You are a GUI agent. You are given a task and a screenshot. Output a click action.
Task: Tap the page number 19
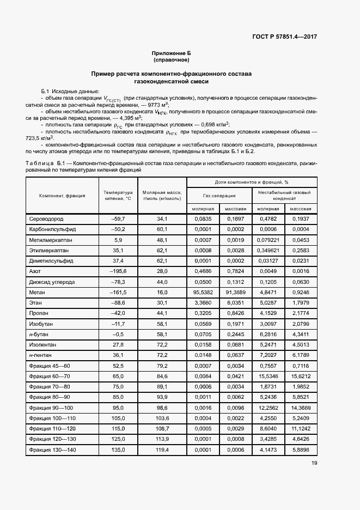pos(314,463)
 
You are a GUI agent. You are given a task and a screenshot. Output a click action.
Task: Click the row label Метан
pos(36,292)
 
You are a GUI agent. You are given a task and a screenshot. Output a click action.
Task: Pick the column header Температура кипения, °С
pos(118,196)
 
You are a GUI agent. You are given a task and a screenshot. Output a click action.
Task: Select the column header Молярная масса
pos(162,196)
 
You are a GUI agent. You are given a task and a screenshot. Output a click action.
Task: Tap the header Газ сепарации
pos(219,196)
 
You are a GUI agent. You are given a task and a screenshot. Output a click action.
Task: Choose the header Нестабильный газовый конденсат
pos(284,196)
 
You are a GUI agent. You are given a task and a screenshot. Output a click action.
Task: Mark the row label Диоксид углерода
pos(52,282)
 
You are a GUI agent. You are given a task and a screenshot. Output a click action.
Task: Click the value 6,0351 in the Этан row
pos(235,302)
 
